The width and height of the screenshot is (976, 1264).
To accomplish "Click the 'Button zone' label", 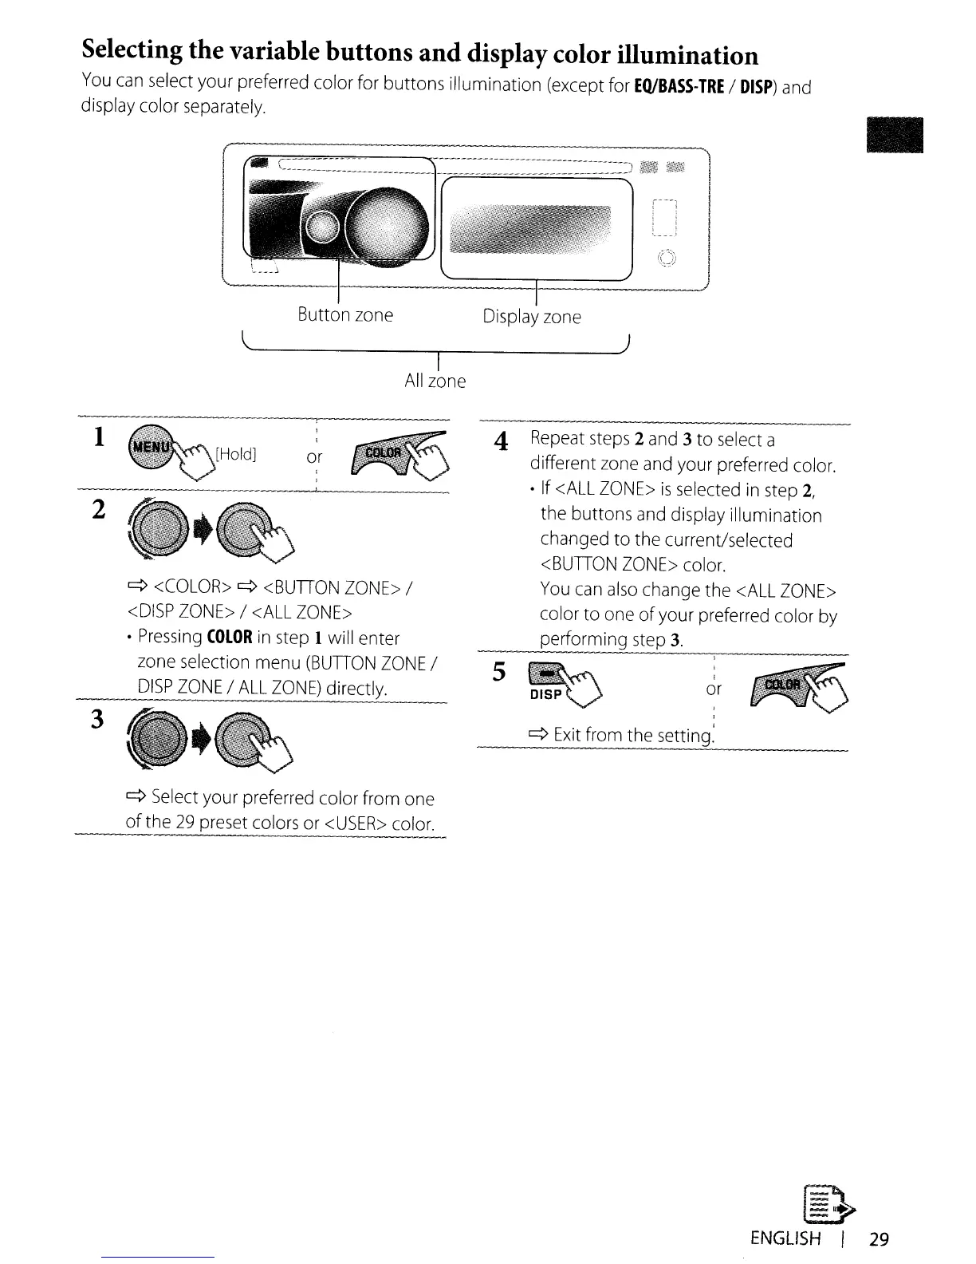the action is (345, 315).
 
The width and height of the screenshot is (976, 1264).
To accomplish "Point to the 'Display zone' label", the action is (532, 317).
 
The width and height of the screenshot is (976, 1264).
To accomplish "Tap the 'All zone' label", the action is (435, 381).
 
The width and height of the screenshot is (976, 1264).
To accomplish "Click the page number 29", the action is (879, 1238).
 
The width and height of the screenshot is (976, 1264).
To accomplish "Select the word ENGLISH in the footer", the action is (785, 1238).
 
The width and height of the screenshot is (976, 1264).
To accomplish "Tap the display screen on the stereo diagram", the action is (530, 227).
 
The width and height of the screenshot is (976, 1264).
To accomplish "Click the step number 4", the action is (501, 441).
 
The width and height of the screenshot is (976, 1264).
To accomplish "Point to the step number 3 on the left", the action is (96, 720).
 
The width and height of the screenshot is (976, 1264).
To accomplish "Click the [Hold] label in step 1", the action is (237, 454).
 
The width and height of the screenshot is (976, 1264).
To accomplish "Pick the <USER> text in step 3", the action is (356, 823).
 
